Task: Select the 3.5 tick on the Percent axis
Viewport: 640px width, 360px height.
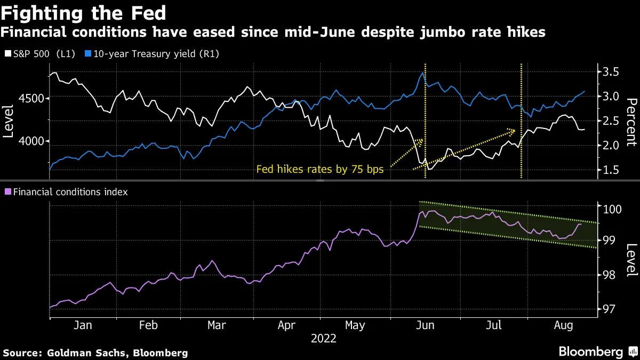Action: (x=609, y=72)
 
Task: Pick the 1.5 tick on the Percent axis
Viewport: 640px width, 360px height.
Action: (x=609, y=170)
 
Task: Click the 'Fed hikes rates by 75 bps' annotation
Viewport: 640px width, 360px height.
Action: (x=320, y=170)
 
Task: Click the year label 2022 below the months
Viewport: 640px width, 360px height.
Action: (x=320, y=338)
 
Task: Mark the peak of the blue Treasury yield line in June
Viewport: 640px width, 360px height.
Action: (x=423, y=73)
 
